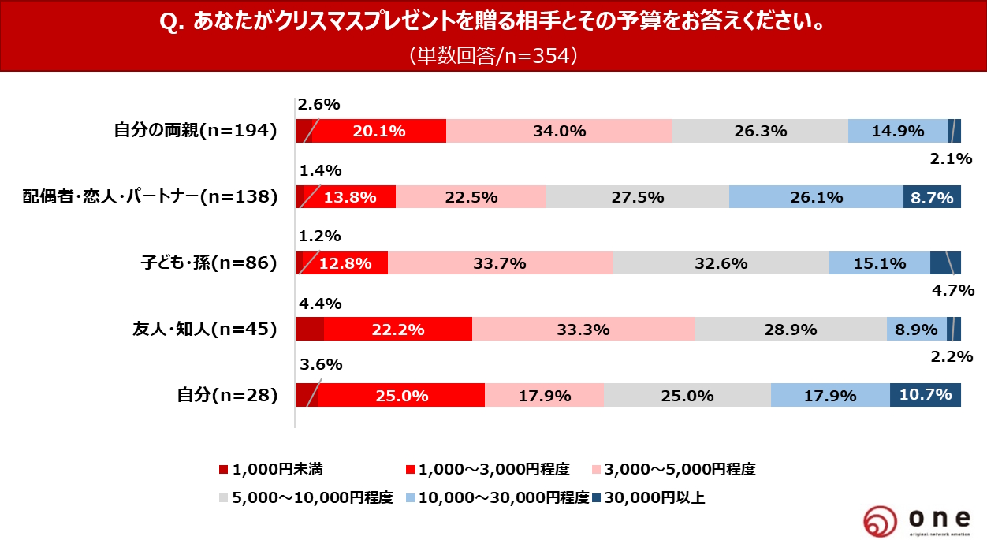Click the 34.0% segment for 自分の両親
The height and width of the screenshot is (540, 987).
(x=559, y=131)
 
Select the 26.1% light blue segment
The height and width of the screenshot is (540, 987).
(x=816, y=197)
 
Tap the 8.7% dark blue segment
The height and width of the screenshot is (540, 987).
(x=932, y=197)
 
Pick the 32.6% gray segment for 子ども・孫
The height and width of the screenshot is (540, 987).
(x=721, y=263)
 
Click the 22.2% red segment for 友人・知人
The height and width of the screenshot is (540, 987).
(x=397, y=330)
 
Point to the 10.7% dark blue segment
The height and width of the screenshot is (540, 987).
(x=925, y=395)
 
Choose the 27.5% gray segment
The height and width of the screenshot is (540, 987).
(x=637, y=197)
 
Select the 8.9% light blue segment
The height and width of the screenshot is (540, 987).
(x=916, y=330)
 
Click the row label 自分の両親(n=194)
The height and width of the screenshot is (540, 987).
(x=196, y=132)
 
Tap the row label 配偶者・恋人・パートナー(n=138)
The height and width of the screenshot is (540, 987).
(x=151, y=197)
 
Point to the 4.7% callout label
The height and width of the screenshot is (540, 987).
(x=952, y=290)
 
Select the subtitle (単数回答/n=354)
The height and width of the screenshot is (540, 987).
(x=494, y=55)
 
